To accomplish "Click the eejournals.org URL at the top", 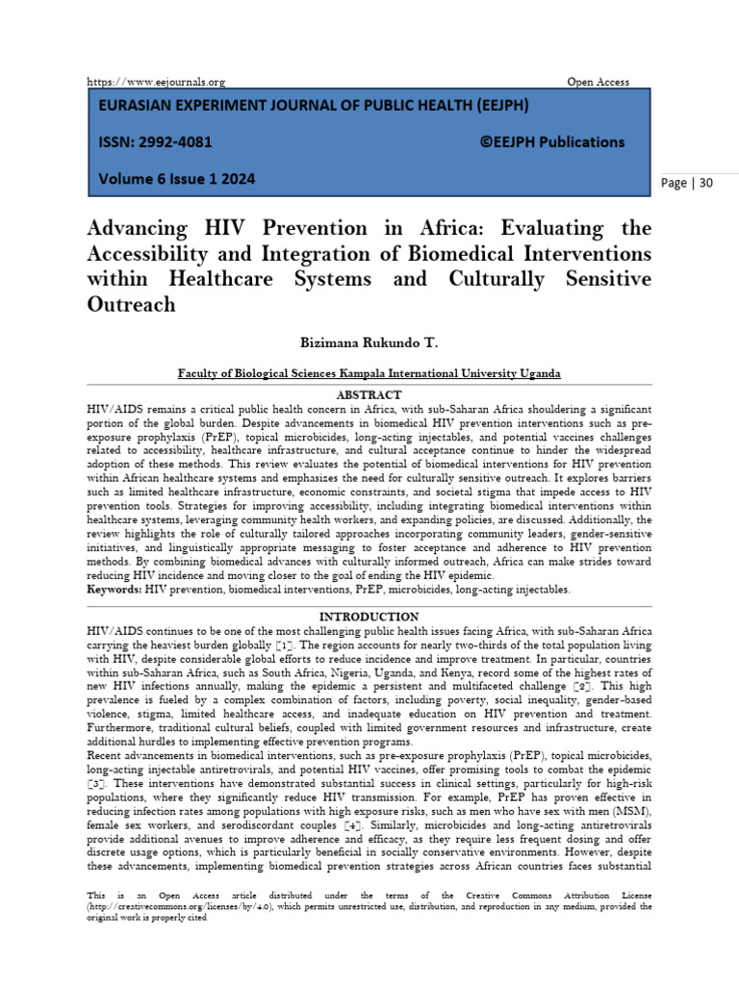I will pyautogui.click(x=156, y=82).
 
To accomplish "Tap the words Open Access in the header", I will pyautogui.click(x=598, y=82).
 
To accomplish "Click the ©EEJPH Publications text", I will pyautogui.click(x=551, y=141).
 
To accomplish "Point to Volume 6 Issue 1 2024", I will pyautogui.click(x=177, y=179).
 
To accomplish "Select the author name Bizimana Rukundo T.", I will pyautogui.click(x=369, y=342).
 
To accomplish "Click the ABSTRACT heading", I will pyautogui.click(x=369, y=395).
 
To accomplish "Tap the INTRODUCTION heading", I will pyautogui.click(x=369, y=617).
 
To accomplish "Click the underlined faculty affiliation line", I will pyautogui.click(x=369, y=373).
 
